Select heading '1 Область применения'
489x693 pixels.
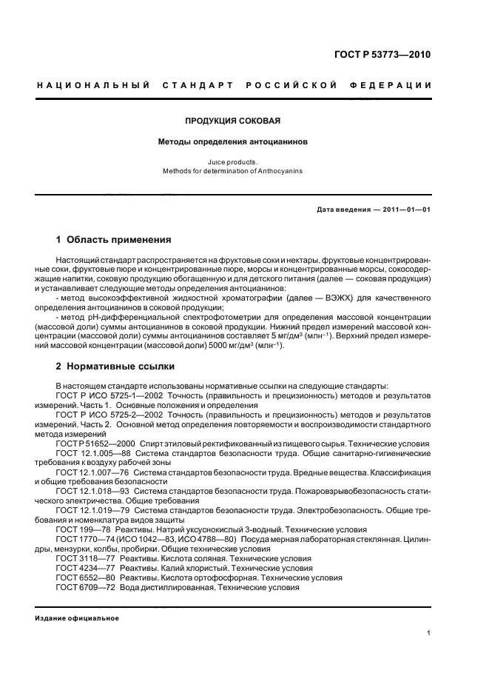click(114, 240)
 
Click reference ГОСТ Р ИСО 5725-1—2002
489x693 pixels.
click(104, 395)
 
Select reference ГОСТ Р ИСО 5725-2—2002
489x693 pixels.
click(104, 415)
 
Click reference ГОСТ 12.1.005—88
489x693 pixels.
click(87, 453)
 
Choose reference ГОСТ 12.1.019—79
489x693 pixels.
click(87, 511)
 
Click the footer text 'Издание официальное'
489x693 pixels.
click(72, 617)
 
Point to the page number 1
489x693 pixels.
click(429, 633)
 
